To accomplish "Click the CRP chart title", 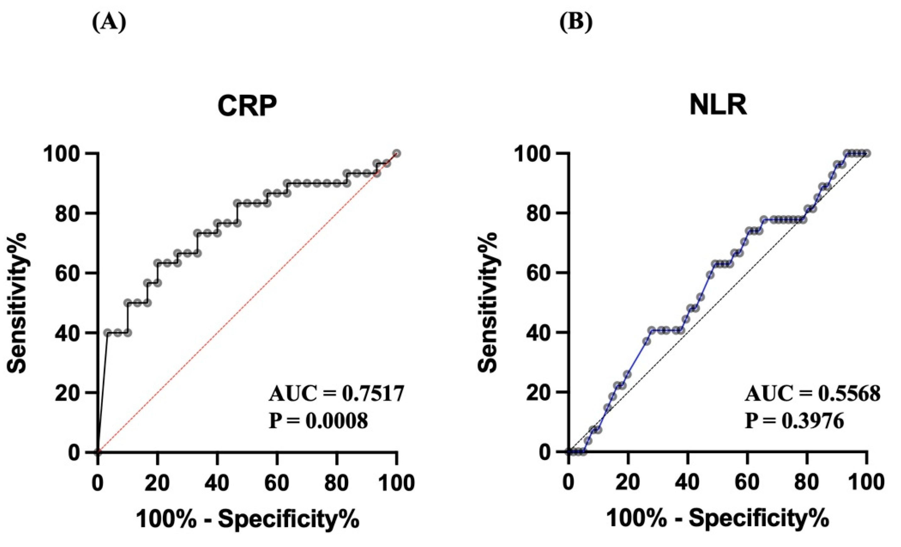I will coord(247,106).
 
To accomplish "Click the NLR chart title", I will coord(717,106).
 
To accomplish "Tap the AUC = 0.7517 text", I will coord(336,394).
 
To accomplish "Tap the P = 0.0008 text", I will coord(318,421).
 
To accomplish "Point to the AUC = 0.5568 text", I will coord(813,394).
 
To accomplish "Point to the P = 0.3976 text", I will coord(794,421).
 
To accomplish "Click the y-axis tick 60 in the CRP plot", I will coord(68,273).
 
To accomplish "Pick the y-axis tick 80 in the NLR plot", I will coord(539,213).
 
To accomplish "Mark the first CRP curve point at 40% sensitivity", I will coord(107,333).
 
